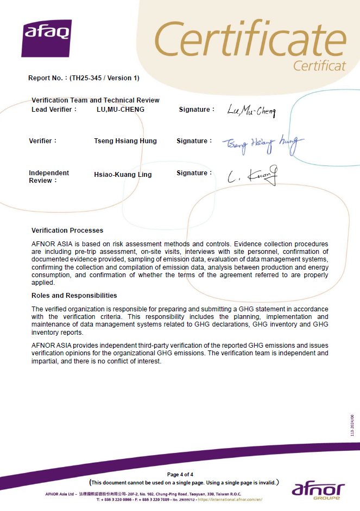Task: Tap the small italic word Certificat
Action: coord(319,66)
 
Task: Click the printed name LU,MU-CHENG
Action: coord(121,110)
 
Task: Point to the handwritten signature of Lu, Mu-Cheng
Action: coord(251,112)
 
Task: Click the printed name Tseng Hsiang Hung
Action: coord(125,141)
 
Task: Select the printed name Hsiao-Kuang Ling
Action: coord(123,175)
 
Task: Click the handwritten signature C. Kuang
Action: coord(253,176)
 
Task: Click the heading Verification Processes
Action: coord(67,231)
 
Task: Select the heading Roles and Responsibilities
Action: coord(74,296)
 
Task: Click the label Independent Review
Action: coord(49,176)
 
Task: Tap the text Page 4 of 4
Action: coord(180,475)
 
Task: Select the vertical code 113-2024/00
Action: coord(352,425)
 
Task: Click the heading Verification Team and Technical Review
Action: coord(96,100)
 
